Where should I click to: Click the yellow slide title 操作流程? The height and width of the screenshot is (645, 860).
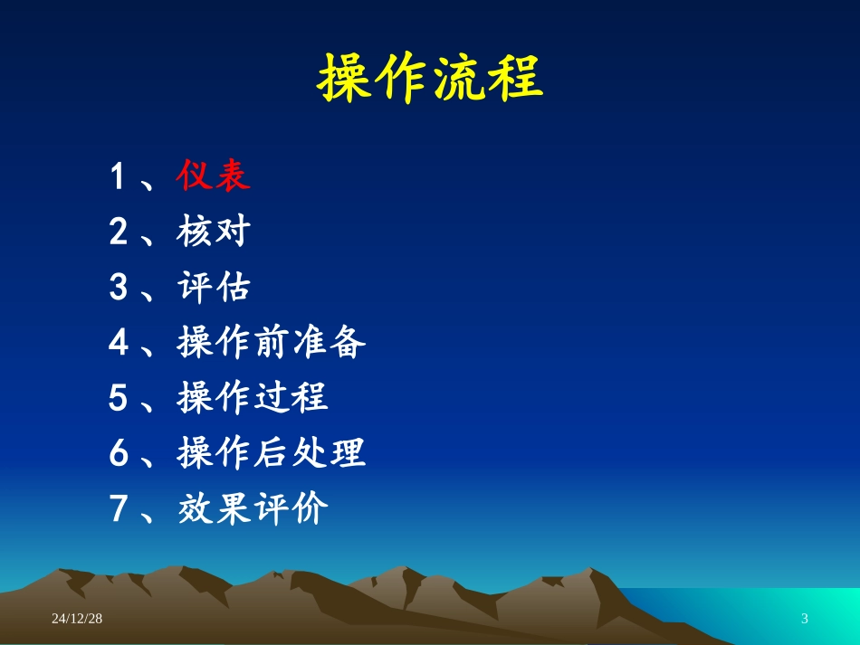429,79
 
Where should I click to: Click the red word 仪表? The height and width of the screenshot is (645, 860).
214,176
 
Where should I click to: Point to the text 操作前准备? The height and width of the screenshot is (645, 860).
272,344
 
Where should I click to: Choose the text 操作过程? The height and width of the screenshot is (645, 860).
253,398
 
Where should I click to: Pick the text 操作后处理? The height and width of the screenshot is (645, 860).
272,453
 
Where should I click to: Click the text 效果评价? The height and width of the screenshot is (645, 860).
253,509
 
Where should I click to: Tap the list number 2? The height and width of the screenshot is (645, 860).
118,233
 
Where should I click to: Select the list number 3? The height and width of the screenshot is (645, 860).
118,289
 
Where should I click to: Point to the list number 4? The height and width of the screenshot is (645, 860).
118,345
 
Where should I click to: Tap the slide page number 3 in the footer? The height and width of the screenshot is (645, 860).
805,619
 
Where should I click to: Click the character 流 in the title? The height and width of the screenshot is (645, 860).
457,79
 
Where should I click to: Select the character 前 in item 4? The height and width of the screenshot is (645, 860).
272,344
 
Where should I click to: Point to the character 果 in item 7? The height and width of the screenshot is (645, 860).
234,509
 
